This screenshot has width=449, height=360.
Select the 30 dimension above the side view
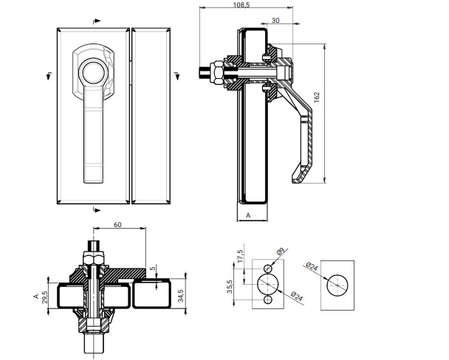click(275, 20)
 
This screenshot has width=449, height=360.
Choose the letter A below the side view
click(248, 213)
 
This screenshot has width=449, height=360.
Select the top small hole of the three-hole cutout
click(267, 267)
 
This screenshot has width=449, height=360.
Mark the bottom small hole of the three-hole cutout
click(267, 302)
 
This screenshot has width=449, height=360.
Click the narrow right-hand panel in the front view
click(153, 115)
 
